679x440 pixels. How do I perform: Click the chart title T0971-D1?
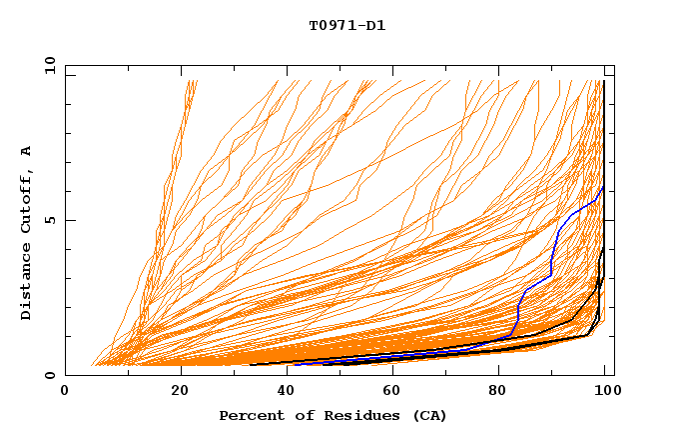click(346, 26)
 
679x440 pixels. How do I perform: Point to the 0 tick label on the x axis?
click(66, 391)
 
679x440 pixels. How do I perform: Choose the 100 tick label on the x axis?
click(603, 391)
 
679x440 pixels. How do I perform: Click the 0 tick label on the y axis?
click(50, 376)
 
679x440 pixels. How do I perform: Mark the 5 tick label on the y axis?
click(50, 221)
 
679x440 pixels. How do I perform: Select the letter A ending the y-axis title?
click(27, 151)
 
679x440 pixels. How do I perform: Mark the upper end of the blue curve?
click(603, 187)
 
